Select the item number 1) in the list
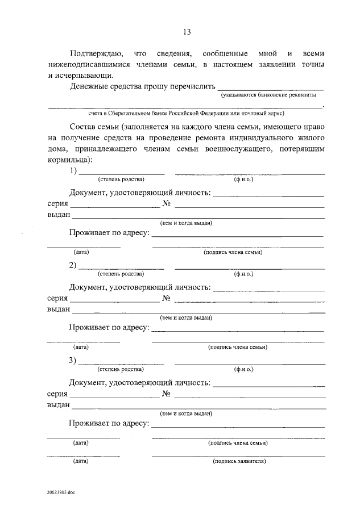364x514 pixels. pos(73,171)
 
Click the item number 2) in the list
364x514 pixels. pos(73,265)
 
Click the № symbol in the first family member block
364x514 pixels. pos(167,203)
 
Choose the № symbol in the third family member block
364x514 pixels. pos(167,393)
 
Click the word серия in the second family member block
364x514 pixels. pos(57,298)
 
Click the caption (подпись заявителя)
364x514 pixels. pos(239,461)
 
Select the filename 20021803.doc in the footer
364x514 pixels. pos(61,492)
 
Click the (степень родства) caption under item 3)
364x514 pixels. pos(121,369)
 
